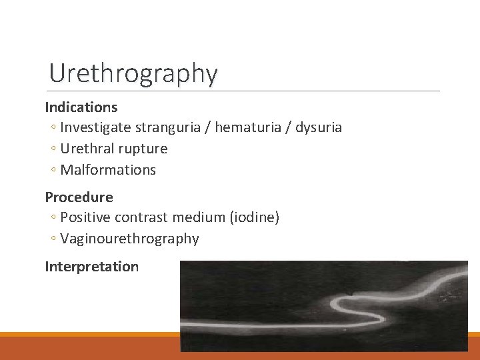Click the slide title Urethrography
point(133,73)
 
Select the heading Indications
point(81,107)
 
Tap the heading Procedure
point(79,197)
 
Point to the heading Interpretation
point(91,267)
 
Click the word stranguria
point(171,127)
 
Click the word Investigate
point(95,127)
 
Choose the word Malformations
point(108,170)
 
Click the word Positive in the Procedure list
point(85,217)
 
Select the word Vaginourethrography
point(129,239)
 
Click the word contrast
point(141,217)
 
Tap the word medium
point(197,217)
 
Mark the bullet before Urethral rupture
point(53,149)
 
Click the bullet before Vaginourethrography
point(53,239)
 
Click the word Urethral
point(85,149)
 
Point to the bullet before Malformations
point(53,170)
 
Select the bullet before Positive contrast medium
point(53,217)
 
